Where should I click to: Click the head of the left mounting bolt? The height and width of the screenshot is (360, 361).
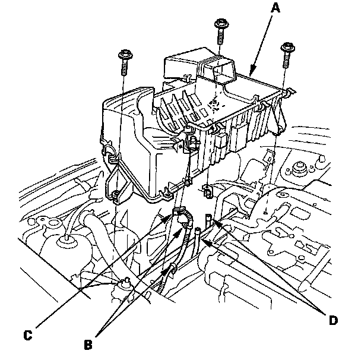click(x=125, y=56)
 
